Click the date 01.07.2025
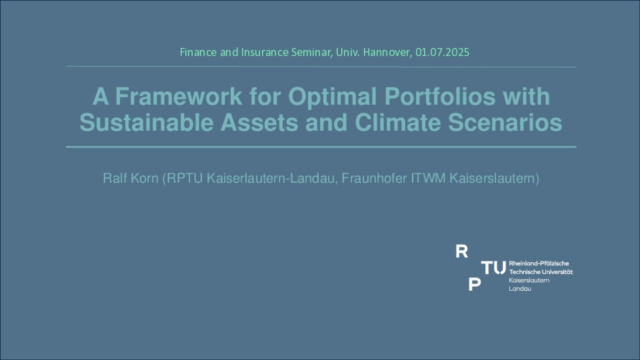point(443,52)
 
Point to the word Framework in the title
point(179,96)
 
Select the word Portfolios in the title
point(440,96)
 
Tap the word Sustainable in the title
point(147,123)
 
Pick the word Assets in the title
point(259,123)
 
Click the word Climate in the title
point(398,123)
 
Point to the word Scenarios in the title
point(505,123)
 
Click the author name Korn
point(144,179)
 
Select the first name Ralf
point(114,179)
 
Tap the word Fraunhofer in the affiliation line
point(374,179)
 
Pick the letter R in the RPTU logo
point(461,251)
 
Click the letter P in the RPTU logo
point(475,284)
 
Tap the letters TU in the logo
point(493,268)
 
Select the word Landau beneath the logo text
point(520,289)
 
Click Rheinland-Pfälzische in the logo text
point(539,263)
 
